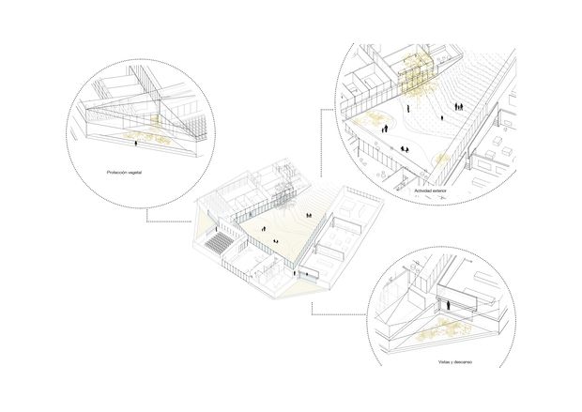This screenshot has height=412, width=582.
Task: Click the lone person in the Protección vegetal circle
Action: tap(139, 142)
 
